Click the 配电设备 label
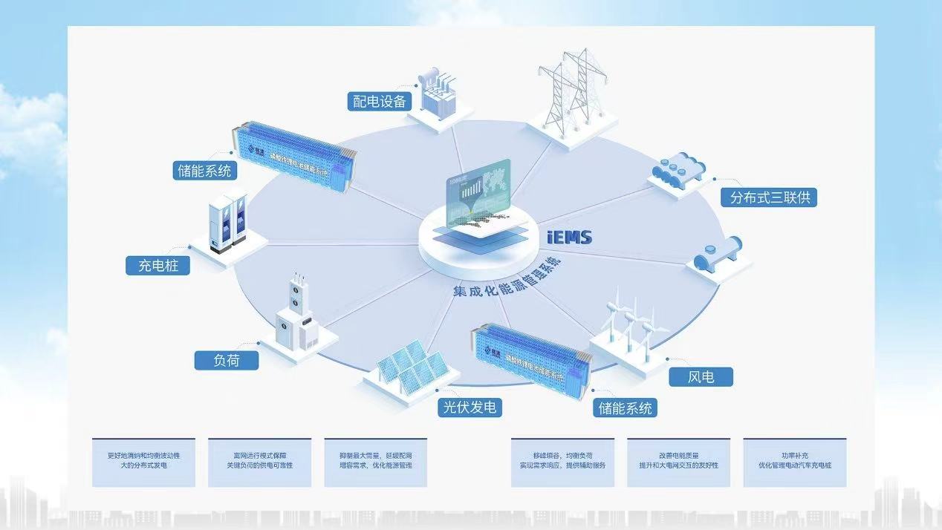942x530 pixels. point(380,101)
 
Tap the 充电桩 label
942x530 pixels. point(158,265)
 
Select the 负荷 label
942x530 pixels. point(227,361)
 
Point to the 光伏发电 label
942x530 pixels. point(469,407)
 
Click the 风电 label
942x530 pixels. point(701,376)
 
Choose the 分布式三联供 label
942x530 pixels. point(769,197)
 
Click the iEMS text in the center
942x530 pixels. point(568,237)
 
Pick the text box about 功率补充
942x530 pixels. point(794,461)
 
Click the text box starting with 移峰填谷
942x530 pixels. point(562,461)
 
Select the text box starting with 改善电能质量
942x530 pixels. point(678,461)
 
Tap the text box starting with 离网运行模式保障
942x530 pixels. point(259,461)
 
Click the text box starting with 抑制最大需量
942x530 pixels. point(375,461)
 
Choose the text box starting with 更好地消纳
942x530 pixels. point(143,461)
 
